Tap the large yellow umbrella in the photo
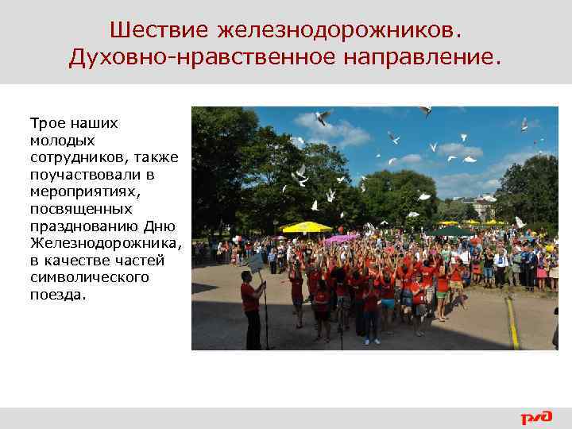[307, 227]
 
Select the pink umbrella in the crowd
[341, 238]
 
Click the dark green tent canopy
[450, 231]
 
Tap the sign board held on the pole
[256, 261]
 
